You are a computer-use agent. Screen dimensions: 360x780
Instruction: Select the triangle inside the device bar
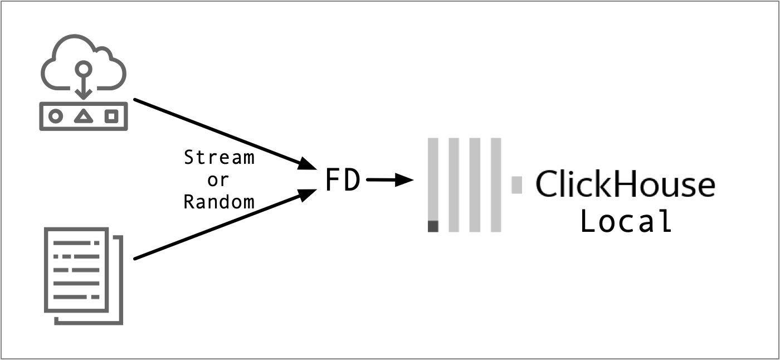(x=84, y=116)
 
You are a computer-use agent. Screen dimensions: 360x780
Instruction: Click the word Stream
(x=219, y=158)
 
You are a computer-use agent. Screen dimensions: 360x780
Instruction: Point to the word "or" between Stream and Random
(x=218, y=180)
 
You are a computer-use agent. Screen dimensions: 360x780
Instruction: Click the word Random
(x=219, y=201)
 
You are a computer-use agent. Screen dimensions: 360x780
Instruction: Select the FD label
(x=342, y=181)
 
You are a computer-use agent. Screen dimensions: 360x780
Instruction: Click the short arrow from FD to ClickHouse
(x=389, y=180)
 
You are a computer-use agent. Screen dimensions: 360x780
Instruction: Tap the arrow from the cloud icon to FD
(x=223, y=134)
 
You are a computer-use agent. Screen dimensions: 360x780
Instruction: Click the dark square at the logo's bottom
(x=433, y=226)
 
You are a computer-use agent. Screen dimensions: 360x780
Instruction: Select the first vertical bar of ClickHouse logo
(x=433, y=178)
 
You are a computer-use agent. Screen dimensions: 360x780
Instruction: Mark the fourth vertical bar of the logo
(x=495, y=184)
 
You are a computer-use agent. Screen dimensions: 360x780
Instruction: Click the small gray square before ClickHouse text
(x=516, y=184)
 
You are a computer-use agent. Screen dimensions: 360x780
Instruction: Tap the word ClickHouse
(x=625, y=184)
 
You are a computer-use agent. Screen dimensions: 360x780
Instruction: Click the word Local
(x=626, y=221)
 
